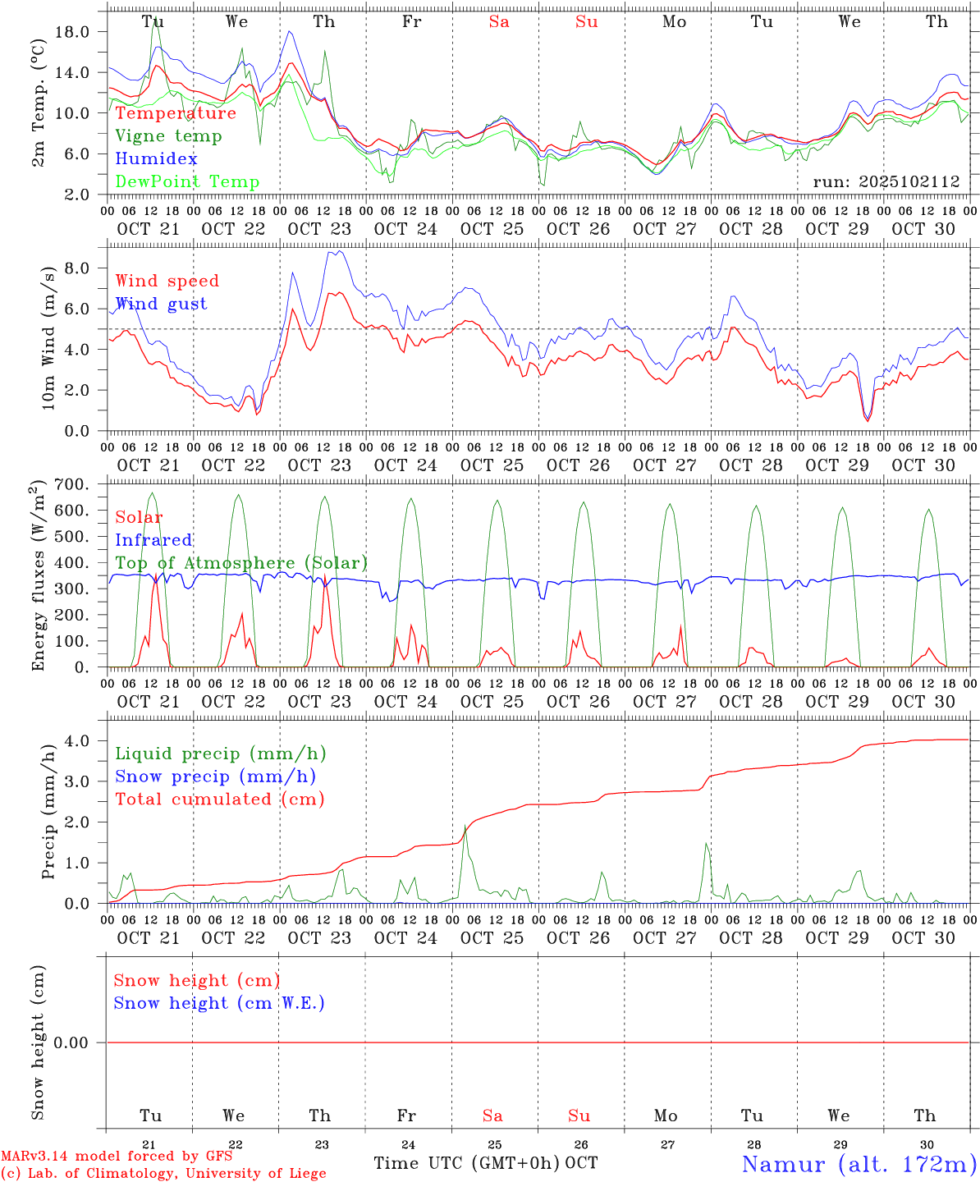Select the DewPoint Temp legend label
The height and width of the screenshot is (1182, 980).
(187, 181)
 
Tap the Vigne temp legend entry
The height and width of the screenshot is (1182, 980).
(168, 135)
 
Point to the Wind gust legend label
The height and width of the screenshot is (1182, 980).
(161, 304)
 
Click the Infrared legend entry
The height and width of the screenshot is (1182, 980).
(153, 540)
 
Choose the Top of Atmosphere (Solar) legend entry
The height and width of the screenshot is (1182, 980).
(241, 563)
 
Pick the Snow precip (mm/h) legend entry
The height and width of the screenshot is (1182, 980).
(215, 776)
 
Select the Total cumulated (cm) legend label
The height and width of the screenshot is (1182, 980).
(219, 799)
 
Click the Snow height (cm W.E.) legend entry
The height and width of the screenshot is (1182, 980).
(219, 1003)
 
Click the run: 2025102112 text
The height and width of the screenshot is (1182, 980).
(886, 182)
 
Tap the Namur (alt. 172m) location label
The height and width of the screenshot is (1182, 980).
(859, 1164)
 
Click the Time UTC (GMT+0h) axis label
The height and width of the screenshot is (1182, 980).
(467, 1163)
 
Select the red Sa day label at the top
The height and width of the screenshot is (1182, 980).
(499, 21)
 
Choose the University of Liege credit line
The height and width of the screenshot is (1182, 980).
(163, 1173)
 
